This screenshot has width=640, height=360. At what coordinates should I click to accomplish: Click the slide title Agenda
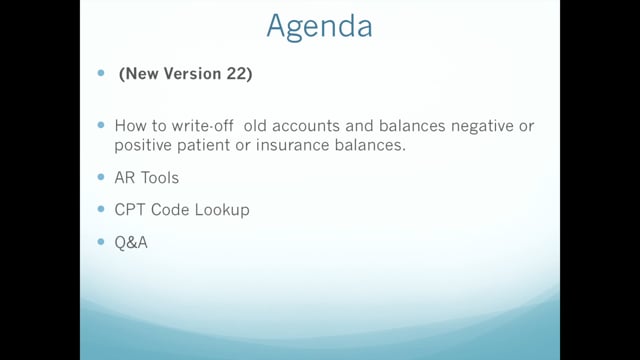pos(319,27)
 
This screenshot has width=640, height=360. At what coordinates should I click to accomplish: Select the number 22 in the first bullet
pos(235,73)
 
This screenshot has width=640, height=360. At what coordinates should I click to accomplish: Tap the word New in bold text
pos(142,73)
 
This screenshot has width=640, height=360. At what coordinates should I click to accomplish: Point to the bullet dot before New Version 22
pos(101,73)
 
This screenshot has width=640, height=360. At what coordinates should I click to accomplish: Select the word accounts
pos(306,126)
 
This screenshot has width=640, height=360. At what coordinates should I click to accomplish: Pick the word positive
pos(143,146)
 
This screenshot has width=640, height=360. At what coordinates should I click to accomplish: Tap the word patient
pos(203,146)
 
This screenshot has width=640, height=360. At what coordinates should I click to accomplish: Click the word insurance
pos(293,145)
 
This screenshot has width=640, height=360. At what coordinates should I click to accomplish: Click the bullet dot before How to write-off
pos(101,124)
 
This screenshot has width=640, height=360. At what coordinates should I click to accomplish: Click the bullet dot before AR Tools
pos(101,177)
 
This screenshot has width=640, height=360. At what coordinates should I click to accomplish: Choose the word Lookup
pos(222,210)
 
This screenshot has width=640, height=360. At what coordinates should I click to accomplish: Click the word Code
pos(170,209)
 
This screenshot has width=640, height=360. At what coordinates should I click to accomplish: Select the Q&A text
pos(131,242)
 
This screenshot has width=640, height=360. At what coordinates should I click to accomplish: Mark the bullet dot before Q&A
pos(101,242)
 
